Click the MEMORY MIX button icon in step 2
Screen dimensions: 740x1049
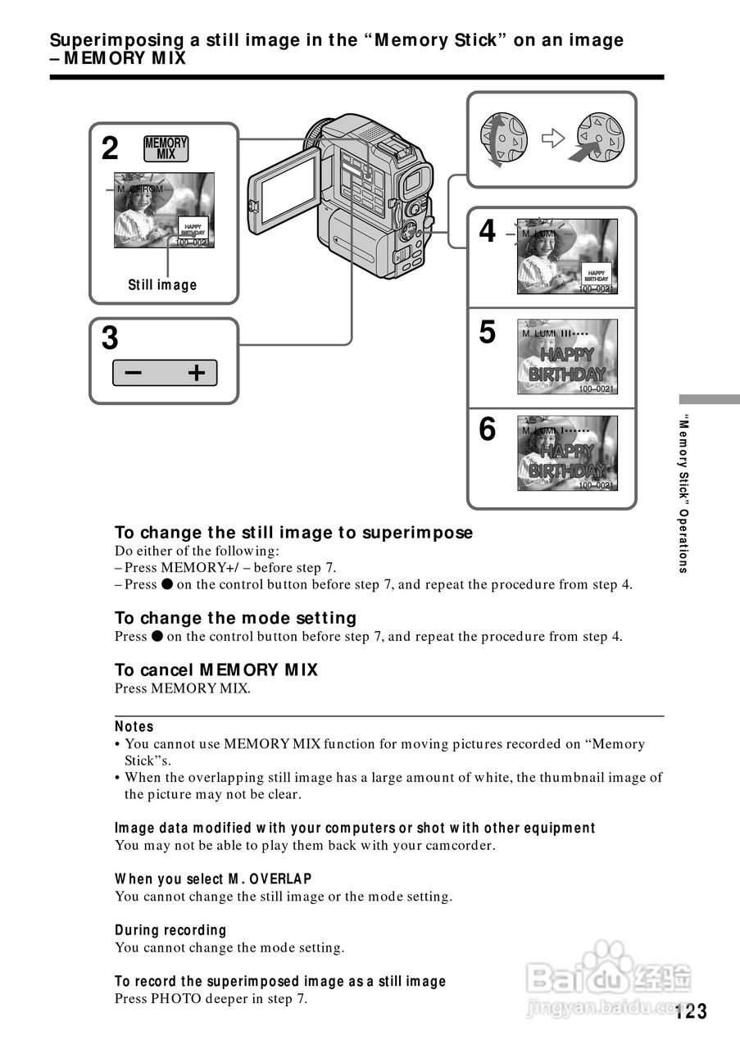tap(166, 148)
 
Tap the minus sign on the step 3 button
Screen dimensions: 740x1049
tap(133, 373)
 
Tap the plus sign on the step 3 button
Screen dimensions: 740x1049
tap(196, 373)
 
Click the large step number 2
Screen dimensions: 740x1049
tap(110, 148)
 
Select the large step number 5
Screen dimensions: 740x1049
tap(487, 332)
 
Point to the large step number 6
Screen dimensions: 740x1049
tap(487, 429)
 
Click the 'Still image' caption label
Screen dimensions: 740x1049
tap(162, 284)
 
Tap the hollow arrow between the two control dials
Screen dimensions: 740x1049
tap(553, 139)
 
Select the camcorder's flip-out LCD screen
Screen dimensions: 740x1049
tap(287, 188)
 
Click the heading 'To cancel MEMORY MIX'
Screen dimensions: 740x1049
tap(216, 670)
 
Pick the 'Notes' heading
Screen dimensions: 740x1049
tap(134, 726)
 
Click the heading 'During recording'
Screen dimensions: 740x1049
tap(170, 929)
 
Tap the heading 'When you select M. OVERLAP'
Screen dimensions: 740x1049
tap(213, 879)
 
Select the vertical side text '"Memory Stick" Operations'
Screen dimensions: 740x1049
tap(683, 493)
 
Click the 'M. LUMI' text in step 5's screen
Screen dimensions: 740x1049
tap(538, 334)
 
